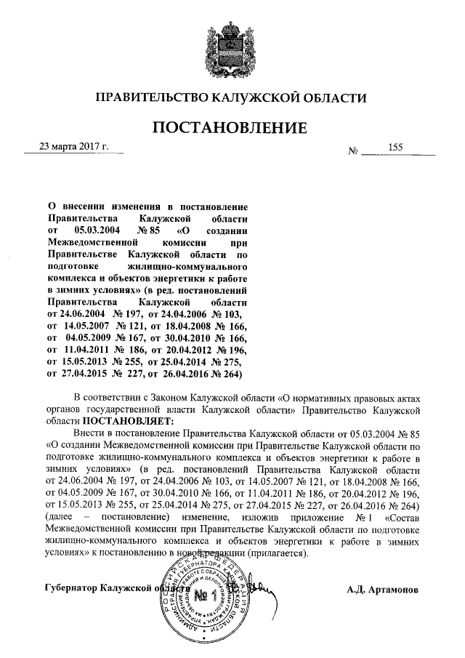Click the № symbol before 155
355,152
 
